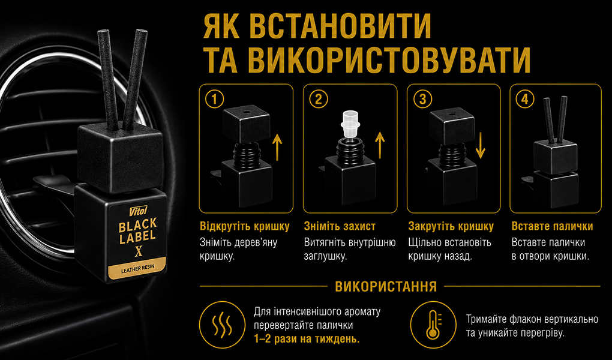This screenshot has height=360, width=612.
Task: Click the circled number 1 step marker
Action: coord(214,100)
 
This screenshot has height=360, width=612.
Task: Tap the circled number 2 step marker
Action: coord(319,100)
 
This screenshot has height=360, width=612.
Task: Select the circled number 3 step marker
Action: coord(422,100)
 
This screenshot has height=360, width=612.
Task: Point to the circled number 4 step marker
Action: coord(525,100)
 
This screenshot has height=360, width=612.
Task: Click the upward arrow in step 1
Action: coord(277,146)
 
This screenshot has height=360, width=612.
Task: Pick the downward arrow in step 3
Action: coord(481,145)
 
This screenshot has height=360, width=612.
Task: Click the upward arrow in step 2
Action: coord(380,145)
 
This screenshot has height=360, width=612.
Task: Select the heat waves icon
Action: coord(222,325)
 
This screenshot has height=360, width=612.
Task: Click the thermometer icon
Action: coord(433,325)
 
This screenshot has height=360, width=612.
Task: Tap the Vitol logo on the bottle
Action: coord(137,211)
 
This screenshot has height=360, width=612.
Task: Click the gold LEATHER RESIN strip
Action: coord(137,267)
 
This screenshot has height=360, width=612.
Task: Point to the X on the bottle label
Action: coord(138,252)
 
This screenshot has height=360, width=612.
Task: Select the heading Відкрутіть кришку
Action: coord(245,226)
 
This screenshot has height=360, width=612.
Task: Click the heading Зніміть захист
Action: coord(340,226)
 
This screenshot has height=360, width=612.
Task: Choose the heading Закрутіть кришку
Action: coord(451,226)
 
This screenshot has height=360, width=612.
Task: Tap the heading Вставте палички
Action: coord(552,226)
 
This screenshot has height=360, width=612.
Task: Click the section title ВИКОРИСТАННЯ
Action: coord(386,287)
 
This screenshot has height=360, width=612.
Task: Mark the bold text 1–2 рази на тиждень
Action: coord(307,339)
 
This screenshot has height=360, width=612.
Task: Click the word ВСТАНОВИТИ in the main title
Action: coord(340,26)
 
